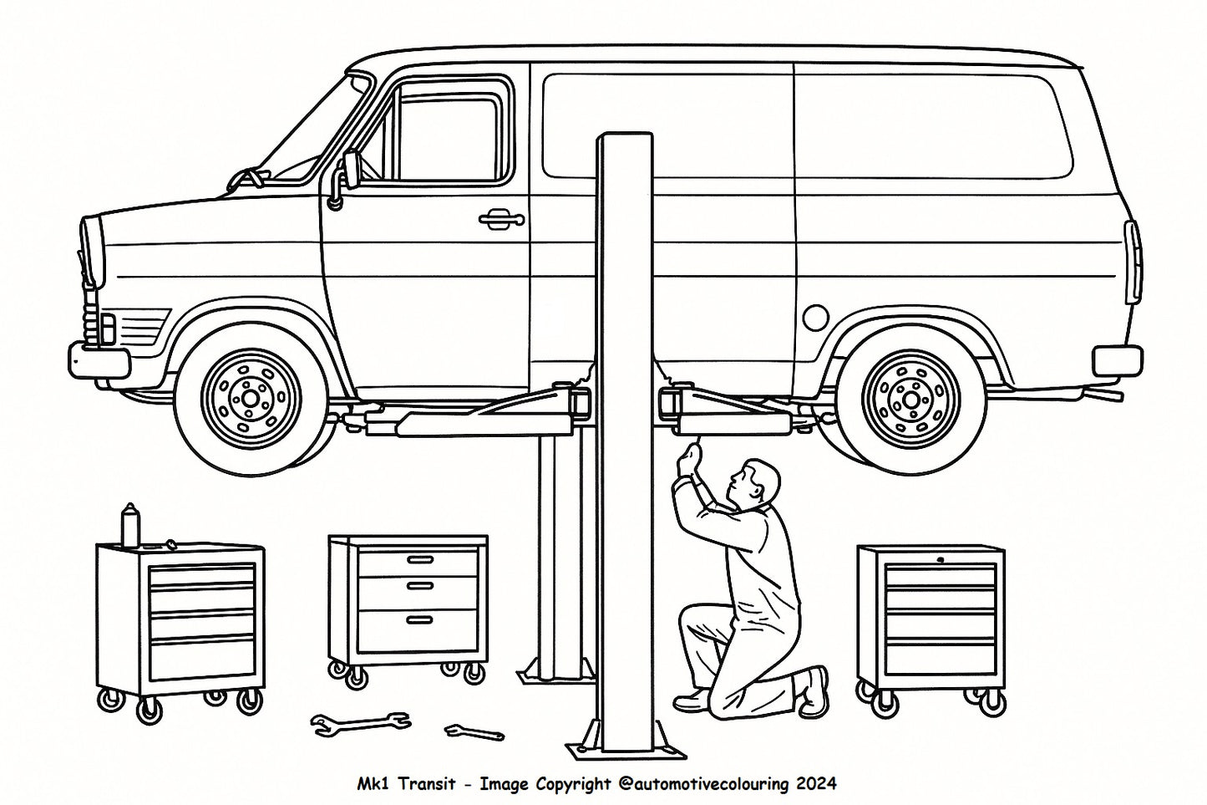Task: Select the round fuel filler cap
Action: [814, 317]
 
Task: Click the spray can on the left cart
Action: [129, 525]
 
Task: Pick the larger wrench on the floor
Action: [360, 722]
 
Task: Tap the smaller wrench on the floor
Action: [474, 732]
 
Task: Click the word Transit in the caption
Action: [427, 784]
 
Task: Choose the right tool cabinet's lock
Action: [941, 558]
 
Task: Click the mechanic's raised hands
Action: [689, 459]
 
